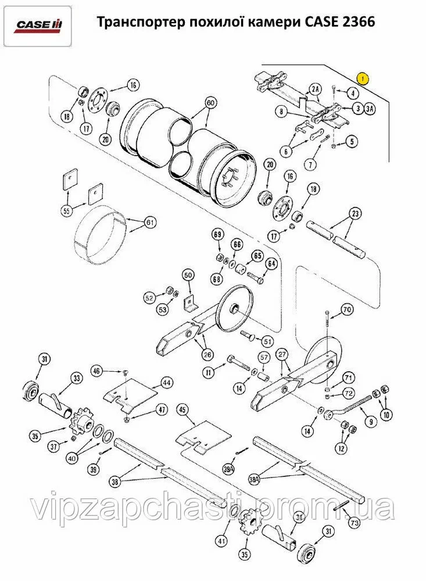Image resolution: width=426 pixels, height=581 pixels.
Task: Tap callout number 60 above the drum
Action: coord(210,102)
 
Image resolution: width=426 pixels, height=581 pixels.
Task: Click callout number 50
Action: coord(187,274)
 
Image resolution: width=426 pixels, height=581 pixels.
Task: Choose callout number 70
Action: coord(347,310)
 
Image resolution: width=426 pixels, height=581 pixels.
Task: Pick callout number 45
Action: coord(184,410)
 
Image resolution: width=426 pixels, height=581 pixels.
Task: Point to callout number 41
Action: coord(221,541)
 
